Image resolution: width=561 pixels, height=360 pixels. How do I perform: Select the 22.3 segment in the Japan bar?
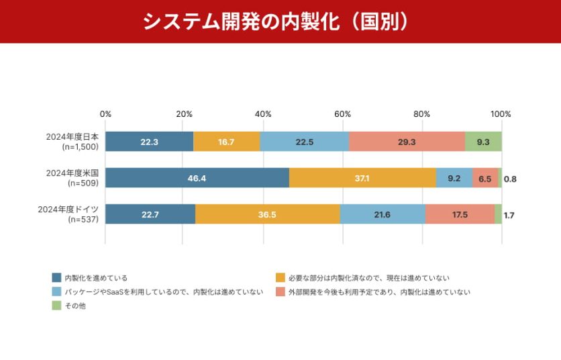tap(149, 142)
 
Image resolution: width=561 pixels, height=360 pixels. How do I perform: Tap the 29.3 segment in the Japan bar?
tap(407, 142)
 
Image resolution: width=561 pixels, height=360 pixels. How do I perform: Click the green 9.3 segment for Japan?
tap(483, 142)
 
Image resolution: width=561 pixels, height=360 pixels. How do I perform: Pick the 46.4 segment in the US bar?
tap(197, 178)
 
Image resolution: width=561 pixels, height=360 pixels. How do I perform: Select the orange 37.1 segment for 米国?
tap(362, 178)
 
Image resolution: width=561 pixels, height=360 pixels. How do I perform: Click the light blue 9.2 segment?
tap(454, 178)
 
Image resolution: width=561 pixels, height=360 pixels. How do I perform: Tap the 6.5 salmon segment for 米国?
tap(485, 178)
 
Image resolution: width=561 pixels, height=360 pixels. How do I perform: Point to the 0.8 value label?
tap(510, 179)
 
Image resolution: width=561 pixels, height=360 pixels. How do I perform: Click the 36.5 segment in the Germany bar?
tap(268, 214)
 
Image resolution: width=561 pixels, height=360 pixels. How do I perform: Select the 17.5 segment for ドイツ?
tap(460, 214)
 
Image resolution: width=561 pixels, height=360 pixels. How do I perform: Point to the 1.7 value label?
tap(509, 215)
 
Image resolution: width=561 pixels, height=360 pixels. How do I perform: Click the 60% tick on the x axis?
tap(343, 114)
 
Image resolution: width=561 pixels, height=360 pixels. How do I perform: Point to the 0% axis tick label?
tap(105, 114)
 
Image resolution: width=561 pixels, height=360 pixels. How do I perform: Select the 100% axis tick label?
tap(501, 114)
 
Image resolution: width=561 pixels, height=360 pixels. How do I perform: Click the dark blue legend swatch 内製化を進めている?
tap(57, 277)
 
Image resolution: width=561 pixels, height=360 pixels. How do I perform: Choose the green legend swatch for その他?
tap(57, 306)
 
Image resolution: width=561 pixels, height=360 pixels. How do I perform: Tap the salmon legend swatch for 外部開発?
tap(280, 291)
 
